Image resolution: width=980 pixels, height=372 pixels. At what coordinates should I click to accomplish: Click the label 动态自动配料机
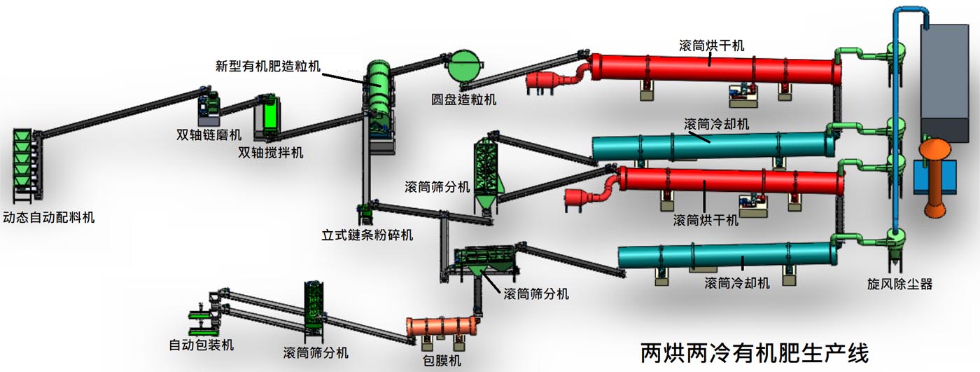tap(49, 217)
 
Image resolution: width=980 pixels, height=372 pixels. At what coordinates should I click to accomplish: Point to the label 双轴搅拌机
tap(271, 152)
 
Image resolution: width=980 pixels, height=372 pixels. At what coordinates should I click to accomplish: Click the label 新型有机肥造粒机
tap(267, 67)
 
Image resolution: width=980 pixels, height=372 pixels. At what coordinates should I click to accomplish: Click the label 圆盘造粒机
tap(464, 99)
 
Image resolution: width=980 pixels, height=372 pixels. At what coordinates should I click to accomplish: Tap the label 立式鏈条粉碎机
tap(367, 235)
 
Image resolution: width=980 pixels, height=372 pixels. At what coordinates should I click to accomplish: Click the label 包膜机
tap(442, 361)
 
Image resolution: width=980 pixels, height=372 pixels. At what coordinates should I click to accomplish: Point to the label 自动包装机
tap(202, 345)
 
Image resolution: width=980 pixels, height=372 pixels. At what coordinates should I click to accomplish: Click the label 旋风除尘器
tap(900, 284)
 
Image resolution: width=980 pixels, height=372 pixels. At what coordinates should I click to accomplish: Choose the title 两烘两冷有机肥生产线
tap(755, 352)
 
